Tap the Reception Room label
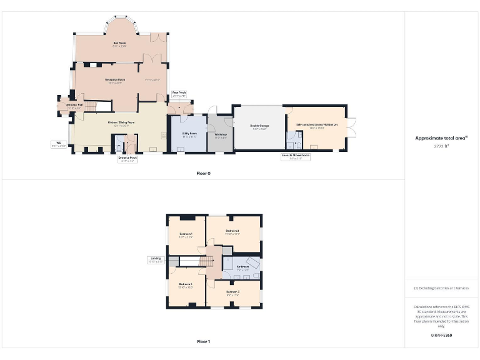point(114,80)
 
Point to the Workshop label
point(221,134)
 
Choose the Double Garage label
point(259,126)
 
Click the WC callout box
point(58,144)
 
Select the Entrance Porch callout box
point(127,159)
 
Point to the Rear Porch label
point(179,94)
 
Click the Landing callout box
point(156,260)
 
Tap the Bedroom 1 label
point(186,236)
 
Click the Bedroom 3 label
point(232,292)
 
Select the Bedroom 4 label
point(186,286)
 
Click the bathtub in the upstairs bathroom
point(253,262)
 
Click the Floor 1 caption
point(204,342)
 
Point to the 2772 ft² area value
point(442,145)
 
